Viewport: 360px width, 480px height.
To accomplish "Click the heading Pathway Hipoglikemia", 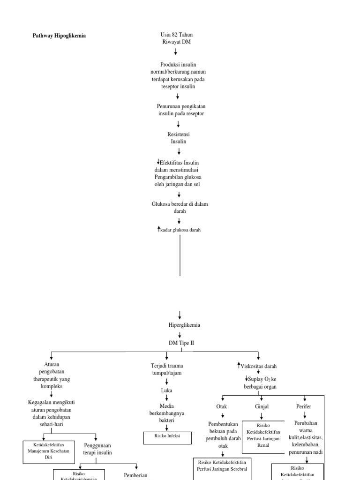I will click(x=59, y=35).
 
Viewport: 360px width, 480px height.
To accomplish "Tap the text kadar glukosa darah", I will click(x=180, y=230).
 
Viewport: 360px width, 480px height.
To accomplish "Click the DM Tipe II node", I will click(x=181, y=343).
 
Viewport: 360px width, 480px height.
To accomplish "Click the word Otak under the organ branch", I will click(x=222, y=406).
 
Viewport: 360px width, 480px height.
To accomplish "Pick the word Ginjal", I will click(x=262, y=406).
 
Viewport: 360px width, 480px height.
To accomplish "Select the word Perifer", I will click(x=304, y=406).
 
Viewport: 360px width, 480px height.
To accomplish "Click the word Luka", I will click(x=166, y=390).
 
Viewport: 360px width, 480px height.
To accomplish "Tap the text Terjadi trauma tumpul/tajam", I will click(x=166, y=369).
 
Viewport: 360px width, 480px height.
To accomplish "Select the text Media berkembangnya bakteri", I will click(x=166, y=413).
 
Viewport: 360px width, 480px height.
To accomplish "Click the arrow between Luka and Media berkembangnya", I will click(x=166, y=397).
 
